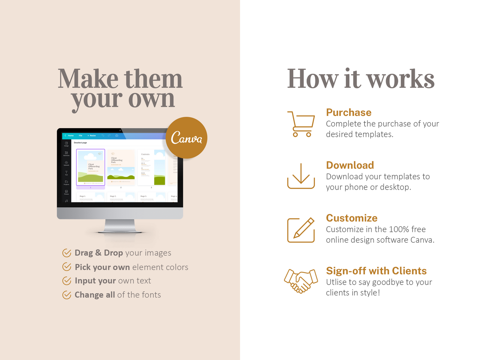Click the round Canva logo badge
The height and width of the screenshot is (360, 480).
[x=186, y=137]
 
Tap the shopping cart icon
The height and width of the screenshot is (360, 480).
[x=301, y=124]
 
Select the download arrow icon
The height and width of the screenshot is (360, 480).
[x=301, y=176]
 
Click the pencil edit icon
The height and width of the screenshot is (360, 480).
[x=301, y=230]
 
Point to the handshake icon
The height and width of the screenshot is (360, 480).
[x=301, y=281]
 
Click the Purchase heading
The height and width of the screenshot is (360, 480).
[x=348, y=113]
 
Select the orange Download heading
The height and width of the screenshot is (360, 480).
[x=350, y=165]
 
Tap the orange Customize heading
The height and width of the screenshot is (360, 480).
[x=351, y=218]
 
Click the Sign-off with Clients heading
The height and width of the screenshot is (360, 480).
[x=376, y=271]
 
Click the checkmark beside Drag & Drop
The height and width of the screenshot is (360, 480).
[x=67, y=253]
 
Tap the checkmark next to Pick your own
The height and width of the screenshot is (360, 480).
[x=67, y=267]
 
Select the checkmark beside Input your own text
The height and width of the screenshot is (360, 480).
[x=67, y=281]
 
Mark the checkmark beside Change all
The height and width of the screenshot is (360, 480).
[x=67, y=295]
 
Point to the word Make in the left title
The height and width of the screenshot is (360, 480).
[x=88, y=79]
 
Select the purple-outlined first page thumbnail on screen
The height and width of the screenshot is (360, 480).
[x=91, y=167]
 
